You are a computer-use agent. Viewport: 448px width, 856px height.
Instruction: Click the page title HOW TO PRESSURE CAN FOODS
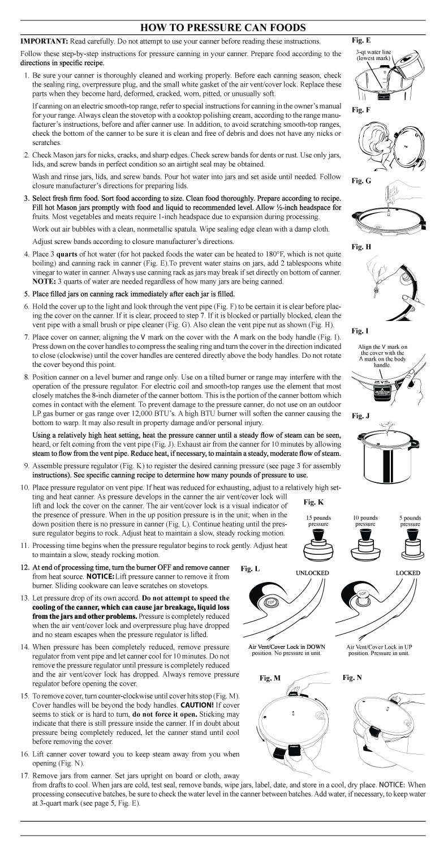click(x=223, y=28)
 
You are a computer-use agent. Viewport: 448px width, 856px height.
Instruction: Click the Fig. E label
click(x=361, y=40)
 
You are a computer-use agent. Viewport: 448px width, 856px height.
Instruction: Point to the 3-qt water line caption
click(x=373, y=55)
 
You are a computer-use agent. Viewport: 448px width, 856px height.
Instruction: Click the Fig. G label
click(x=361, y=181)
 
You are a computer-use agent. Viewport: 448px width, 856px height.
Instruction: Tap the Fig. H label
click(x=361, y=247)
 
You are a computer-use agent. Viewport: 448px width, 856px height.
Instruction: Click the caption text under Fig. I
click(x=382, y=356)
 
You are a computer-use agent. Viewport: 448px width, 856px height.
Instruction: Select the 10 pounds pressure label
click(x=365, y=521)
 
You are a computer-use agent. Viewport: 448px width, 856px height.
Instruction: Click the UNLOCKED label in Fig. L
click(x=312, y=573)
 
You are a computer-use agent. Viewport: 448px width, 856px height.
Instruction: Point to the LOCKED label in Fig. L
click(x=407, y=573)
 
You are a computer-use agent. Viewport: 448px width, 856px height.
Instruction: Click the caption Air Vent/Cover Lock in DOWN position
click(x=286, y=650)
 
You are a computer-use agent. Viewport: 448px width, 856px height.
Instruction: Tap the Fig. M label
click(x=270, y=678)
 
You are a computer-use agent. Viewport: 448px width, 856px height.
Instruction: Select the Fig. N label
click(x=352, y=678)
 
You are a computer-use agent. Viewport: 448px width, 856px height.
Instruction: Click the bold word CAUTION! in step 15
click(x=197, y=705)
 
